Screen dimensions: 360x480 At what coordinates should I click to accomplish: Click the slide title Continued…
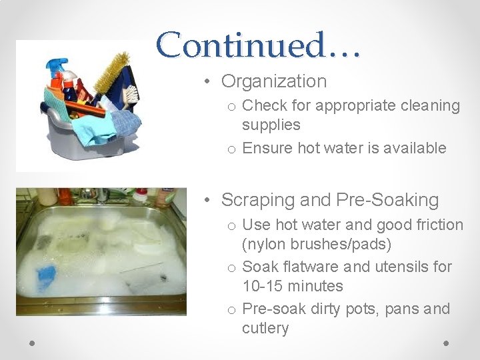pos(259,45)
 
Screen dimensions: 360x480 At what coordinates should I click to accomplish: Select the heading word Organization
pos(274,81)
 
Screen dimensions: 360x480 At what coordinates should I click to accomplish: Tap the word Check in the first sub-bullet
pos(264,106)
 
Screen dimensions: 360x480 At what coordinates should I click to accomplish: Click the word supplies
pos(271,125)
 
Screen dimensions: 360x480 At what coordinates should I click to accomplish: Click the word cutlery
pos(265,329)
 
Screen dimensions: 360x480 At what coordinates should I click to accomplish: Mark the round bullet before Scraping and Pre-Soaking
pos(209,200)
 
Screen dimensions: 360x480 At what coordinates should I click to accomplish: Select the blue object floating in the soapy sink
pos(46,276)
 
